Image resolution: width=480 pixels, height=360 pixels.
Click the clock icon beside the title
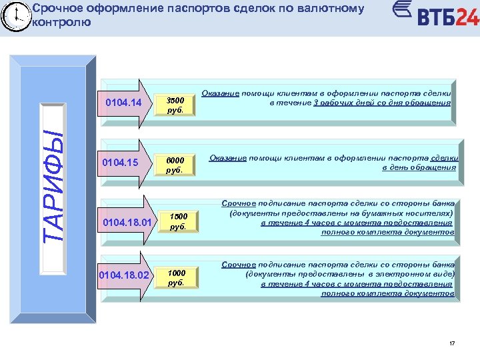click(x=15, y=16)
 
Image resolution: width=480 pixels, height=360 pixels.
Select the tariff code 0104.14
click(x=123, y=103)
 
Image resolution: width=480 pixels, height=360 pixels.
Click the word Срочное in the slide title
click(x=56, y=9)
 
